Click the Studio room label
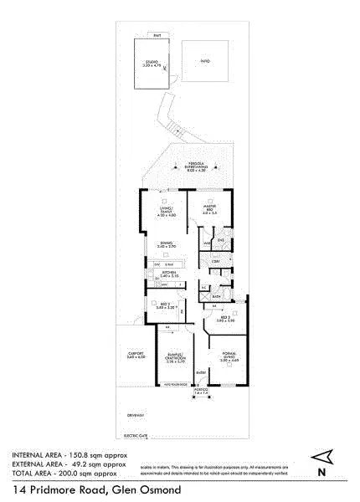click(152, 63)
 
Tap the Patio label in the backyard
click(205, 62)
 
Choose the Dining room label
click(166, 245)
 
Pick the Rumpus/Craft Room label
click(175, 360)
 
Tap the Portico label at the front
click(201, 391)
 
